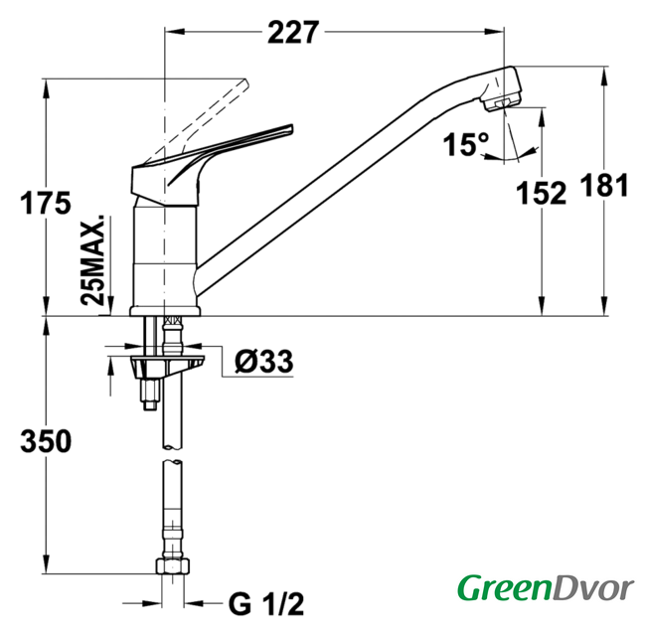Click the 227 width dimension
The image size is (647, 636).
(293, 32)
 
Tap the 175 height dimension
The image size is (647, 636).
(46, 203)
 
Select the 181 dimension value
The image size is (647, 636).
(604, 185)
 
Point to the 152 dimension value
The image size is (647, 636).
(542, 193)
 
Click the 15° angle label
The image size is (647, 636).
(466, 144)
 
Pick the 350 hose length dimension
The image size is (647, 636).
(46, 441)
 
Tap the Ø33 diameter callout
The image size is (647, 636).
(264, 362)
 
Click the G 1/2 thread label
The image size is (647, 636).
(266, 604)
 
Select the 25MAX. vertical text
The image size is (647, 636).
(93, 259)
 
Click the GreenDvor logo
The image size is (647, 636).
(546, 588)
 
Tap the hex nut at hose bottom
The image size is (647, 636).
(173, 565)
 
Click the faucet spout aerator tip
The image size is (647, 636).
(501, 104)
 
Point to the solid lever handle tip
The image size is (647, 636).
(291, 128)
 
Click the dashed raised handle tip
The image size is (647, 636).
(245, 82)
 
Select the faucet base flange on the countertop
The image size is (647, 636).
(165, 311)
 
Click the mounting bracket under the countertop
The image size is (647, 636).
(167, 364)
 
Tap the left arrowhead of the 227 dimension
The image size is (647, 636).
(174, 32)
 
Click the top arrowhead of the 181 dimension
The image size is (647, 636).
(604, 76)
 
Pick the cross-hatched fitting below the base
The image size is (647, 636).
(173, 321)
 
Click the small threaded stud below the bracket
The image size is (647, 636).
(150, 395)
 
